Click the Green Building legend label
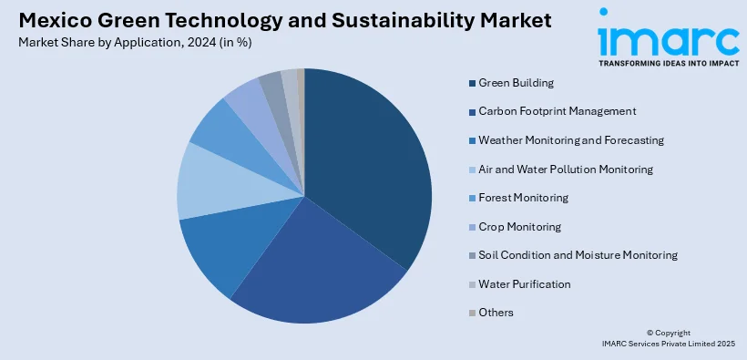[516, 83]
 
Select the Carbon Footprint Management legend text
[558, 111]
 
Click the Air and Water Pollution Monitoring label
[566, 170]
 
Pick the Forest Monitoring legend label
[523, 198]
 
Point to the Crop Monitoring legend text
[520, 227]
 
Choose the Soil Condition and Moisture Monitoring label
[578, 255]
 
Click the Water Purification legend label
[525, 284]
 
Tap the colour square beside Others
[472, 314]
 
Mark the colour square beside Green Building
[472, 84]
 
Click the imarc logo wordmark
[669, 37]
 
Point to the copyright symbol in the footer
[650, 333]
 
